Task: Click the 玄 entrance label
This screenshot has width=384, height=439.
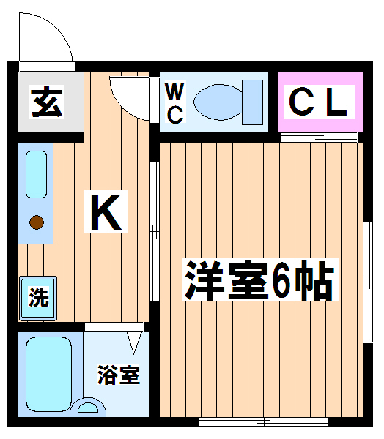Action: (x=47, y=102)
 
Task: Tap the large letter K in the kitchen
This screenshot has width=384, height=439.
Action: (x=106, y=211)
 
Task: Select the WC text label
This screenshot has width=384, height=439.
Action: (x=174, y=102)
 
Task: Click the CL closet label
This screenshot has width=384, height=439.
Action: (x=318, y=102)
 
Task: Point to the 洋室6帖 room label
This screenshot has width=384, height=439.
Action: (x=260, y=279)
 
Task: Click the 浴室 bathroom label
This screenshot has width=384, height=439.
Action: (x=119, y=375)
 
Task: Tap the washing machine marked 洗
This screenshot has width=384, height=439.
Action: (x=38, y=298)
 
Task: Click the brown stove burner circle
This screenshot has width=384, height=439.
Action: (x=37, y=222)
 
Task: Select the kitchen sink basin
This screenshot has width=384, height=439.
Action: (x=36, y=174)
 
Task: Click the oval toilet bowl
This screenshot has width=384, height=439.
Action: (x=218, y=102)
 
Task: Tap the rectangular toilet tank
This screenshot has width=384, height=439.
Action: (x=252, y=102)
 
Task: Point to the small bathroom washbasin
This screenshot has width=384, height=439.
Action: (x=88, y=408)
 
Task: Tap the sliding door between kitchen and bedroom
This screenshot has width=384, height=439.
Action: (x=155, y=231)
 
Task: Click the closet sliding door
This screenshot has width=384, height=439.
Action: (x=320, y=138)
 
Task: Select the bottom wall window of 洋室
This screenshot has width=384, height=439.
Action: (x=264, y=421)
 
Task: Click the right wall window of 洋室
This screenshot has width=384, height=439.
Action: (x=368, y=282)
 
